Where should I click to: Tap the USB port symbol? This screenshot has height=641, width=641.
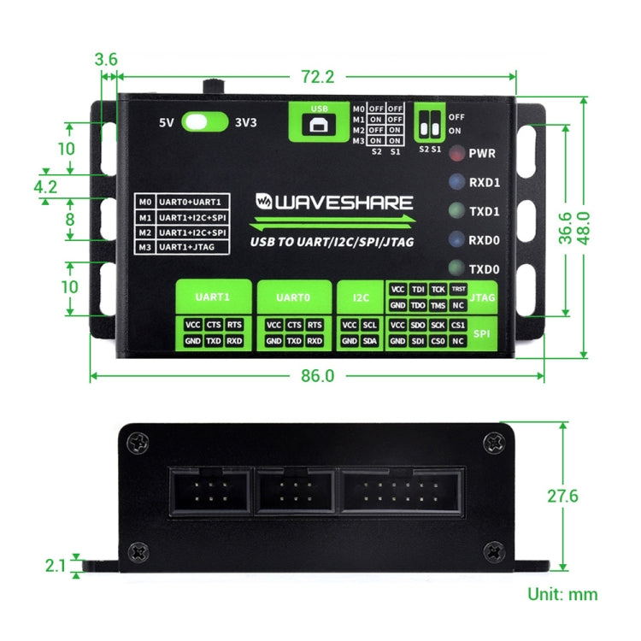tap(320, 125)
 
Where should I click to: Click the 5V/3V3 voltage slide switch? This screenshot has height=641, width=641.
tap(205, 121)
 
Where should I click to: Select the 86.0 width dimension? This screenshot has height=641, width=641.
tap(317, 375)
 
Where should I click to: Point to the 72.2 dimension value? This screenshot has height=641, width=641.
tap(317, 76)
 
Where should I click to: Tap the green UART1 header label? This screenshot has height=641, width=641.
tap(213, 298)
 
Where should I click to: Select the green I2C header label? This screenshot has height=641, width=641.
tap(361, 298)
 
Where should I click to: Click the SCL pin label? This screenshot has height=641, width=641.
tap(370, 325)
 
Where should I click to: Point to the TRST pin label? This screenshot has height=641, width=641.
tap(458, 289)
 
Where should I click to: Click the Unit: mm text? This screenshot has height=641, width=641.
tap(562, 594)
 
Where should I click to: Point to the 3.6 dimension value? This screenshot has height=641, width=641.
tap(106, 60)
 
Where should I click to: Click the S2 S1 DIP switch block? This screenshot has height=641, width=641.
tap(429, 126)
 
